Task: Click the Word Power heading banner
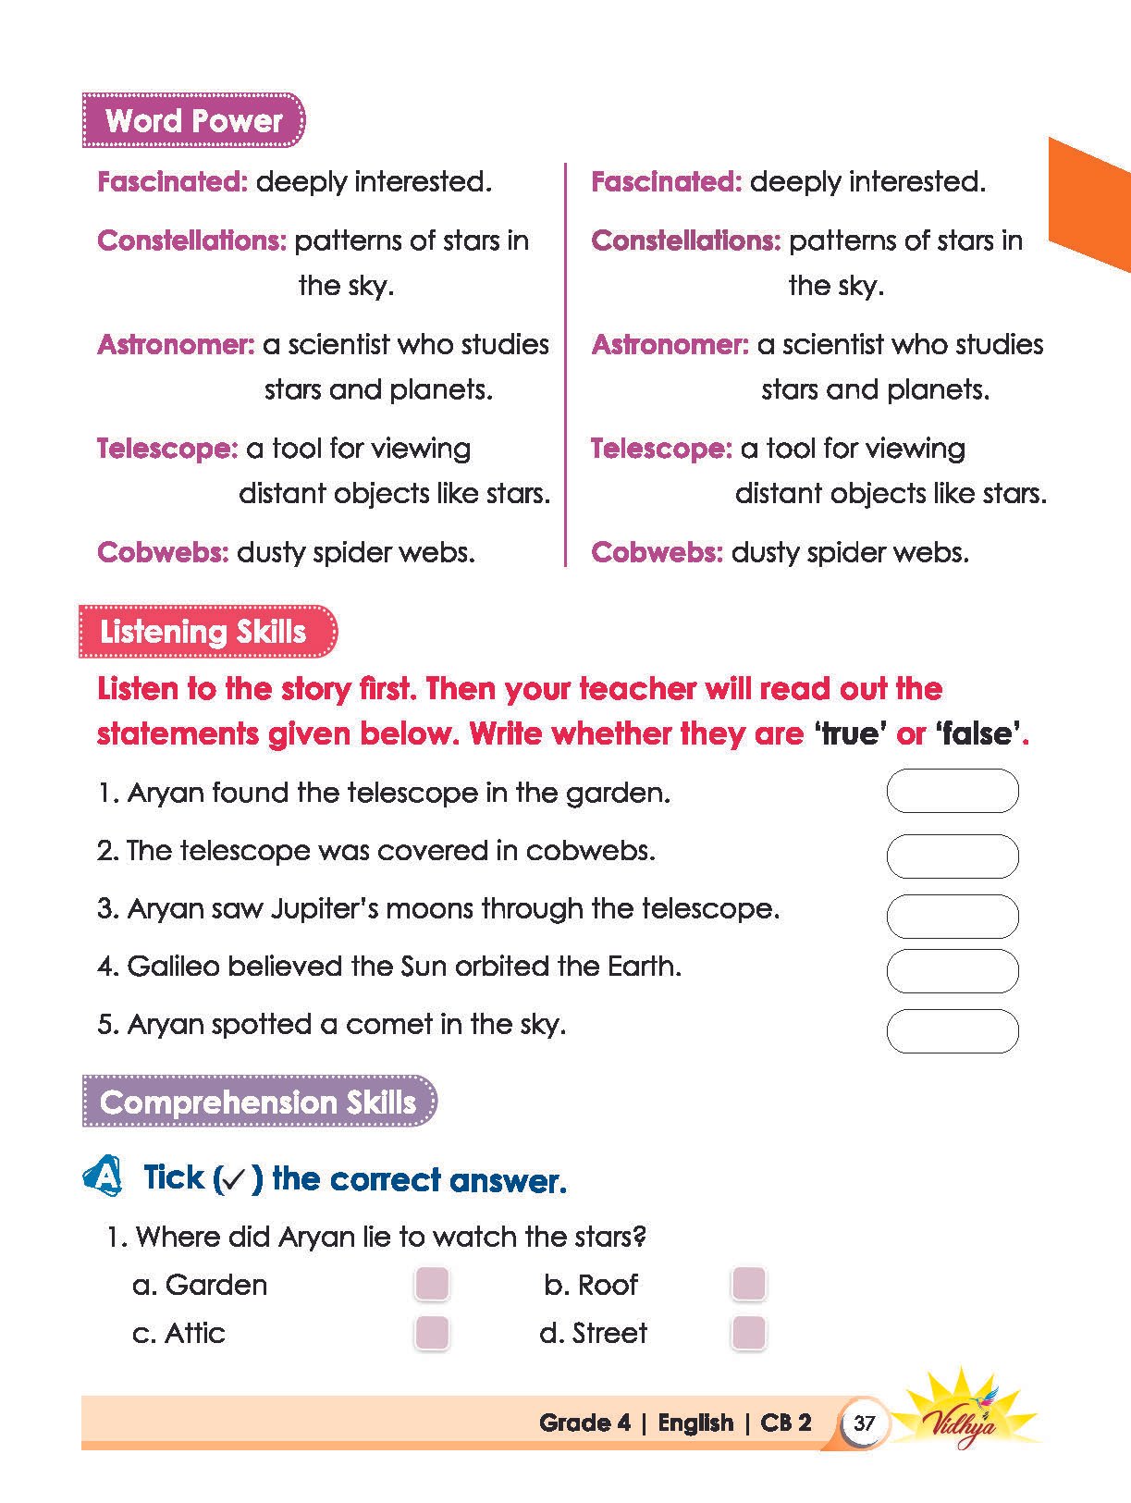[193, 120]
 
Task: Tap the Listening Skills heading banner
[207, 632]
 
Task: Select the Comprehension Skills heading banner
[258, 1102]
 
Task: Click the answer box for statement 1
[953, 791]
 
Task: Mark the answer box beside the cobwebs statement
[953, 856]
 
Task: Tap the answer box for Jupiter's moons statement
[953, 916]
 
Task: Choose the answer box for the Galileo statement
[953, 971]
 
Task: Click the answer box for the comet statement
[953, 1031]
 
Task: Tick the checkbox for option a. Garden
[432, 1284]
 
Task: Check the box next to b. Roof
[748, 1284]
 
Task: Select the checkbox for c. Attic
[432, 1333]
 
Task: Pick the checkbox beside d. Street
[748, 1333]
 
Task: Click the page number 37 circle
[864, 1423]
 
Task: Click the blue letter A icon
[104, 1177]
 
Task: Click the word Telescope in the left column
[167, 450]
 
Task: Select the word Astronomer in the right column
[670, 345]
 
